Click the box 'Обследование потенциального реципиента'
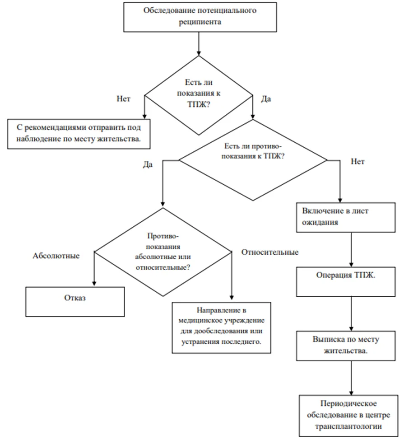200,17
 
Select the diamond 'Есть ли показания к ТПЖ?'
199,95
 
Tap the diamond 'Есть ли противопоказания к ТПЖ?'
253,160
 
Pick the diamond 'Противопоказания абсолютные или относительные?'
163,252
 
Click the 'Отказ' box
75,302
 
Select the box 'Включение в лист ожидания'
346,217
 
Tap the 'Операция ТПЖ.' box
346,282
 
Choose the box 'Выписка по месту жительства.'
346,346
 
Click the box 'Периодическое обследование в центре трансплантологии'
348,416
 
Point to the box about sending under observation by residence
79,134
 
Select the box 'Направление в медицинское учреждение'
222,327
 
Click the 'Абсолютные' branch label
56,256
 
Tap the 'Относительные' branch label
270,252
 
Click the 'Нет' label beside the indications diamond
123,98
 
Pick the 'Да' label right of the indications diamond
266,99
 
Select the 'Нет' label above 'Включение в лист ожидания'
358,161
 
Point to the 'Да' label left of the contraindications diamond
148,164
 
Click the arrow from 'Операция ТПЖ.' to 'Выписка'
351,314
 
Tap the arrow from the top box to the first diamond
199,44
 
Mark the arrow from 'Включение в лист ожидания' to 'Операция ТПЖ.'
351,250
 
